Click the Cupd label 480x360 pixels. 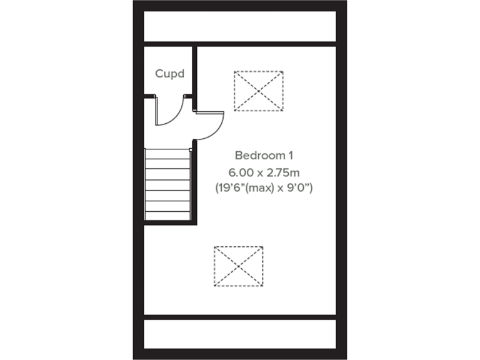tap(169, 74)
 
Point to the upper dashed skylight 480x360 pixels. tap(258, 91)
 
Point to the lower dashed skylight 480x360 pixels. tap(238, 266)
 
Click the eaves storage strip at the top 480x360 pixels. tap(240, 26)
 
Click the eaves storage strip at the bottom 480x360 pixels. tap(240, 334)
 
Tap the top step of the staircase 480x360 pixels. tap(167, 154)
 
